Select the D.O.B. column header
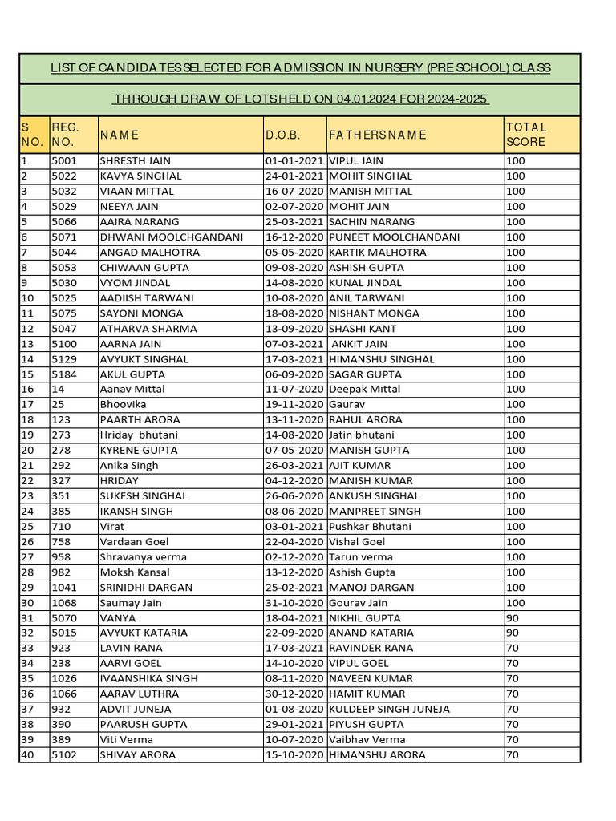[282, 135]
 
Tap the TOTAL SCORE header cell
[526, 135]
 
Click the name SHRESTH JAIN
[135, 160]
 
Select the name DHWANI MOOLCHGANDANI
[171, 237]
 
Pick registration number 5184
[63, 374]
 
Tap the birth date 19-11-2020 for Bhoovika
[294, 405]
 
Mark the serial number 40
[27, 754]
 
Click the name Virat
[111, 527]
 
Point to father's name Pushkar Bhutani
[370, 527]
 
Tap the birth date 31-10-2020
[294, 603]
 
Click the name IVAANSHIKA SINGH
[148, 678]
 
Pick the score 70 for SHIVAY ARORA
[513, 754]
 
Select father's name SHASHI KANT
[363, 329]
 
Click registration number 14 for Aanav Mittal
[57, 390]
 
